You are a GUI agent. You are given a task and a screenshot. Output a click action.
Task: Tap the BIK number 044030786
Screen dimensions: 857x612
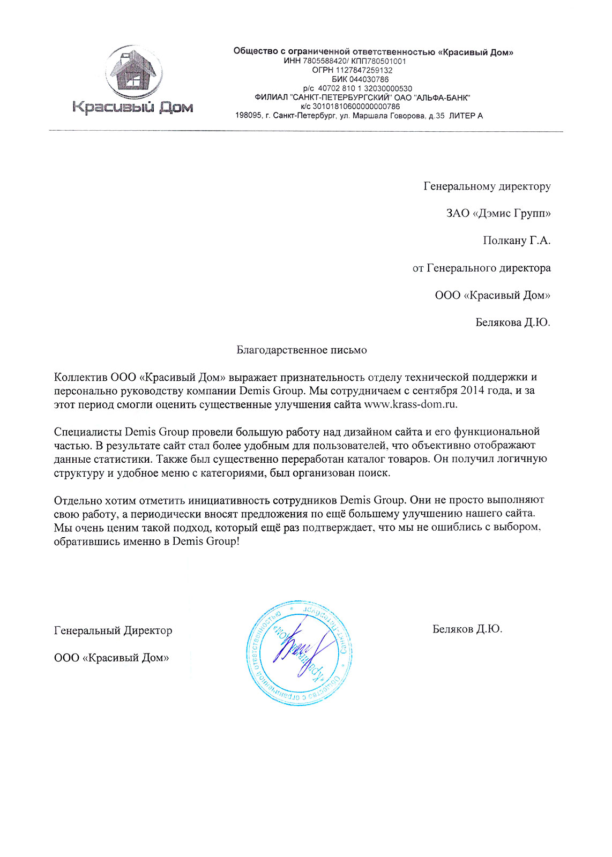click(x=368, y=79)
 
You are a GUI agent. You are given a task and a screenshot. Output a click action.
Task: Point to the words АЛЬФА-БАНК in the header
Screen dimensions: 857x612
click(x=443, y=97)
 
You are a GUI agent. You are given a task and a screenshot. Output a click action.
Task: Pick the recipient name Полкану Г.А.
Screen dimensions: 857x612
click(x=516, y=240)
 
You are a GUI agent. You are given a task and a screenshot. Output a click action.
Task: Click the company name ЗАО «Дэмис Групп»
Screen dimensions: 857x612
click(x=498, y=213)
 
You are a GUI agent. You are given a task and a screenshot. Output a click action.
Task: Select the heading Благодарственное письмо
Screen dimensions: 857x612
click(x=302, y=350)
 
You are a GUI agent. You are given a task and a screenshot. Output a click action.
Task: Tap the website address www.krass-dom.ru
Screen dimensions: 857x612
click(x=411, y=404)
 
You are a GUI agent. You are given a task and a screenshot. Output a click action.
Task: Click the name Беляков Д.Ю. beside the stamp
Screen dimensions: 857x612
click(x=467, y=629)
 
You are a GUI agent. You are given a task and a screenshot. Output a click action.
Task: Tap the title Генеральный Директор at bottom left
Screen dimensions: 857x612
click(x=113, y=630)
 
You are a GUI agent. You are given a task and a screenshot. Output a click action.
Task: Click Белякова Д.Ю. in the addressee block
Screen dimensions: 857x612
click(x=513, y=322)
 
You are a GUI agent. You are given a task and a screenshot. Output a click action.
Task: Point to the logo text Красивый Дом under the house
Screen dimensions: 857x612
click(x=132, y=108)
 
